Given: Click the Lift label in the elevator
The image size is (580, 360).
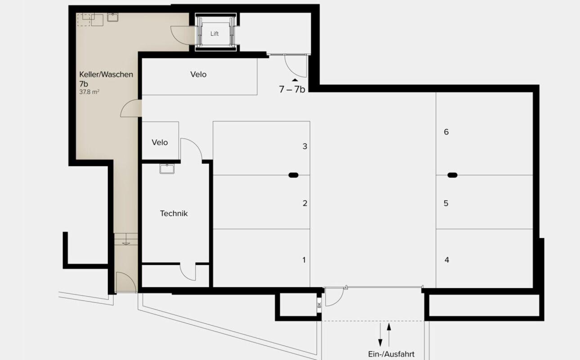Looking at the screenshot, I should [214, 34].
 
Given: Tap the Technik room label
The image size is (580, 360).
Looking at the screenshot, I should [174, 213].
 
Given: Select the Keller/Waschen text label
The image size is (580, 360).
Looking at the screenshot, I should [106, 74].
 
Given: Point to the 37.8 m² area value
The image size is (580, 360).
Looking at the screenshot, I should [89, 92].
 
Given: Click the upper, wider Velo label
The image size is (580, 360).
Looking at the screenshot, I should [198, 74].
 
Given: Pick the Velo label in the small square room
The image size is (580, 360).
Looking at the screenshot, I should [160, 142].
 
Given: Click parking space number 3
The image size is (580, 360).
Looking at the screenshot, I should [305, 146].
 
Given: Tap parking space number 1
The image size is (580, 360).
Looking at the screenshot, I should [304, 260].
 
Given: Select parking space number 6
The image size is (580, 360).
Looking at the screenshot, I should [446, 132].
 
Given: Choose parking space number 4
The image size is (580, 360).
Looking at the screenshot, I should [446, 260].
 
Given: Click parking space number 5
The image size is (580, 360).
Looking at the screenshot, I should [446, 203].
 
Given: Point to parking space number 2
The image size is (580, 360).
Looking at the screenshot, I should [305, 203].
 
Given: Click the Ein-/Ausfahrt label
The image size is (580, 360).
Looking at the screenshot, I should [391, 354].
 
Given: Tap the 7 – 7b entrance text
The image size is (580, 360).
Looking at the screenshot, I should [292, 89].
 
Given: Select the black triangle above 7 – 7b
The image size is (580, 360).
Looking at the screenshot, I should [294, 80].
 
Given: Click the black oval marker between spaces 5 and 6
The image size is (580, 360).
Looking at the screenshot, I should [451, 175].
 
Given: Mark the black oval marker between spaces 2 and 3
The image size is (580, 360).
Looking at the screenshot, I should [293, 175].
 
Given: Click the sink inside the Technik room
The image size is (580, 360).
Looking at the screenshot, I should [166, 169].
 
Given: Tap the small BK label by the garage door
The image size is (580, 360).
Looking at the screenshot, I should [319, 306].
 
